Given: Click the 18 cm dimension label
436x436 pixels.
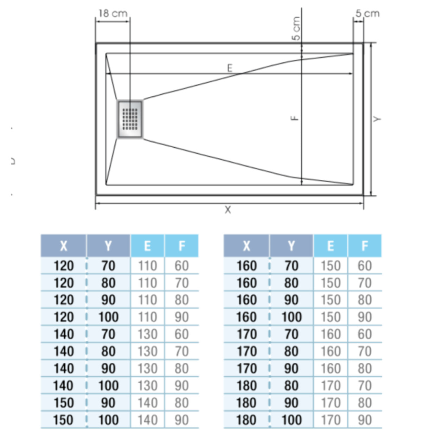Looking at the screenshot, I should [113, 13].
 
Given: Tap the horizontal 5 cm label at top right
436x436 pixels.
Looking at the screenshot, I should [367, 14].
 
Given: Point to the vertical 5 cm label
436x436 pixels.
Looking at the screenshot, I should [296, 28].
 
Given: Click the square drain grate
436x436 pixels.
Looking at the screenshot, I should [130, 119].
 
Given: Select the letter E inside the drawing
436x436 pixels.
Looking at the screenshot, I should [230, 68].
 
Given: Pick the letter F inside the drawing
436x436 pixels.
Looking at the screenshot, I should [295, 118].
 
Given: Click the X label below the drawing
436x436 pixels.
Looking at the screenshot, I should [228, 210].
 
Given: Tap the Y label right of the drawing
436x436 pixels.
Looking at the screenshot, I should [377, 119].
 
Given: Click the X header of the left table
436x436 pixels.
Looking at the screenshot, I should [63, 246].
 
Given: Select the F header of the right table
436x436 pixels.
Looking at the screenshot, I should [365, 246].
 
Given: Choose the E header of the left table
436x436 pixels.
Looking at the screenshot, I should [147, 246].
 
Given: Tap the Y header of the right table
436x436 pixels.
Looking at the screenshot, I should [291, 246].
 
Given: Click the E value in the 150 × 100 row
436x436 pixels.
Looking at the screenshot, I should [147, 420].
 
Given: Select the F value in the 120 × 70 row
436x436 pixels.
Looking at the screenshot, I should [181, 266].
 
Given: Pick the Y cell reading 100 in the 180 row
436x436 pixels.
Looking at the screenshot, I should [291, 420].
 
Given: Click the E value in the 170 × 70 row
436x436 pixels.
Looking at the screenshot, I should [331, 334].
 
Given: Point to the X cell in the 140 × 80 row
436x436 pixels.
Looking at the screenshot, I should [63, 351].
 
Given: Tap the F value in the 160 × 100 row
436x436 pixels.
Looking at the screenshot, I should [365, 317].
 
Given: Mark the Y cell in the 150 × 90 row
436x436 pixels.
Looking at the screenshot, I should [108, 403].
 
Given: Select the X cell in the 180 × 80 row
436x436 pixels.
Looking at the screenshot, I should [246, 386].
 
